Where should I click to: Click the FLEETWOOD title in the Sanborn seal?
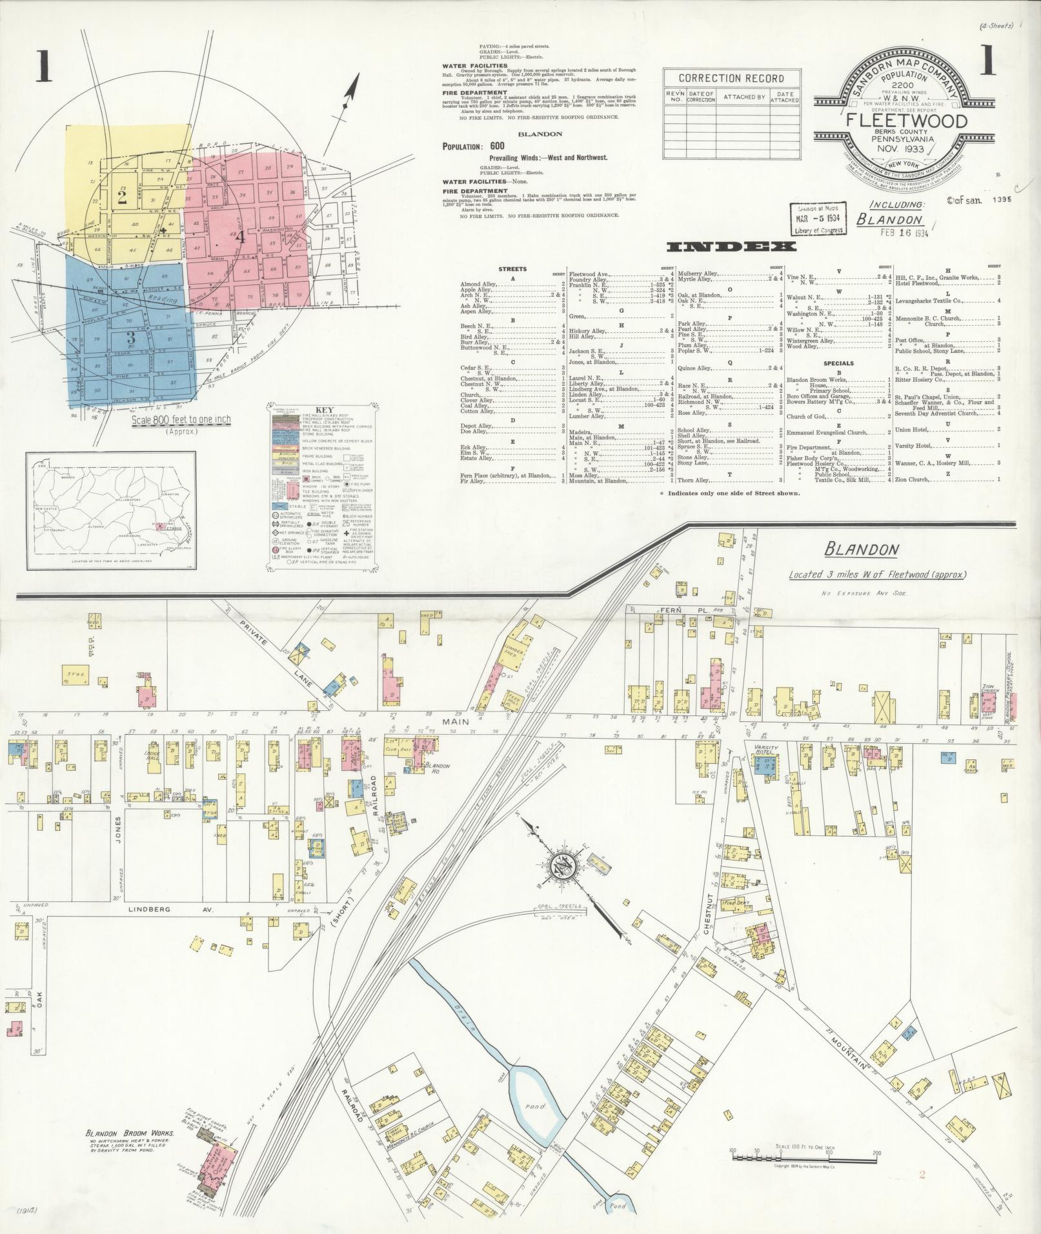pyautogui.click(x=906, y=121)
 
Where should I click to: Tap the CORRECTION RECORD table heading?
pyautogui.click(x=731, y=79)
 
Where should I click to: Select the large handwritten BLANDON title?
pyautogui.click(x=862, y=550)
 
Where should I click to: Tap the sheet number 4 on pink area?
pyautogui.click(x=241, y=237)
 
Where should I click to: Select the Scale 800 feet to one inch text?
pyautogui.click(x=181, y=420)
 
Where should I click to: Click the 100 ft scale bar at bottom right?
pyautogui.click(x=804, y=1157)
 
